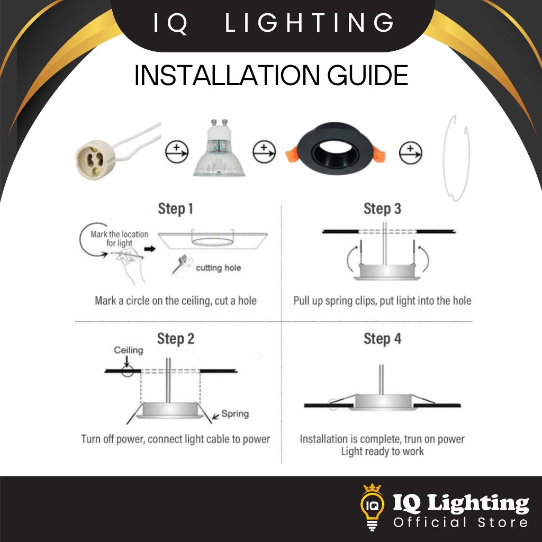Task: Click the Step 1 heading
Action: click(175, 209)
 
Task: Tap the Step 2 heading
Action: click(176, 339)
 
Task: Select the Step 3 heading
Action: click(382, 209)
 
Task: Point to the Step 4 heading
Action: click(382, 339)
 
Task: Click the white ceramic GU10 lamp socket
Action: click(93, 160)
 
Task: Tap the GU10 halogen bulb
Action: click(219, 149)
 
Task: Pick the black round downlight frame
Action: click(335, 149)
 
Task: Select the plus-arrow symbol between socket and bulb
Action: click(177, 152)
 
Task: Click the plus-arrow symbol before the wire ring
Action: click(410, 153)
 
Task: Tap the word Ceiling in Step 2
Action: click(129, 350)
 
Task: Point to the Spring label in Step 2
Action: click(235, 414)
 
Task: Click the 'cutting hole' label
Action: click(218, 268)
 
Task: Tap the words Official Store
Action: click(460, 522)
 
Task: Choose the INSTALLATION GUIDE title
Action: click(271, 75)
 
